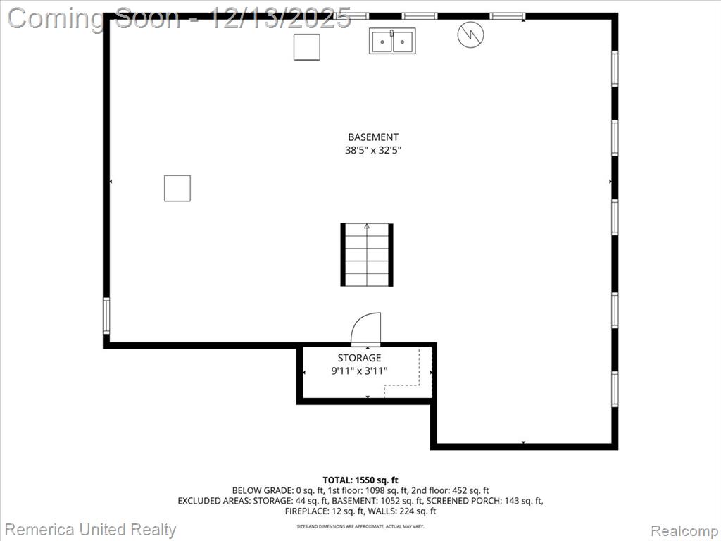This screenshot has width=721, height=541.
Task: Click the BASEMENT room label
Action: click(x=373, y=137)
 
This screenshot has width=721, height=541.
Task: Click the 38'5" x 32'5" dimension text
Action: click(x=373, y=150)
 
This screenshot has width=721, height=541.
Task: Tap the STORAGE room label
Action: click(x=359, y=358)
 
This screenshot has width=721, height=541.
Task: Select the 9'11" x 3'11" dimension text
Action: click(x=359, y=371)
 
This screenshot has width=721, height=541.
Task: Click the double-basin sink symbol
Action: click(x=392, y=41)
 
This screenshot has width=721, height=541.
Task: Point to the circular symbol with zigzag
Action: click(x=470, y=35)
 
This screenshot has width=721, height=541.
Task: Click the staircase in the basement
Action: click(x=366, y=254)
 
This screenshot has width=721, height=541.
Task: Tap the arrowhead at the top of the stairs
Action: click(x=366, y=226)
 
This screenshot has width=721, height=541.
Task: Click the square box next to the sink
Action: click(x=307, y=47)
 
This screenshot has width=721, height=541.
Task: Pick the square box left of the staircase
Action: click(x=177, y=188)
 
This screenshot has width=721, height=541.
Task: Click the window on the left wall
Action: click(x=106, y=316)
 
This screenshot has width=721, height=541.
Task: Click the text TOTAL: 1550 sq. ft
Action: click(x=360, y=480)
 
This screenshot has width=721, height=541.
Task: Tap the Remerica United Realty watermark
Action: click(x=90, y=530)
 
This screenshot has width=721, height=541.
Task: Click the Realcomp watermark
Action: click(x=684, y=531)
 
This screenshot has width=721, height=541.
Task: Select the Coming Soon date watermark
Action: click(x=180, y=18)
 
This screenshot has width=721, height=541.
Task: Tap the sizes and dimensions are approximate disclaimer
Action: click(x=360, y=526)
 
